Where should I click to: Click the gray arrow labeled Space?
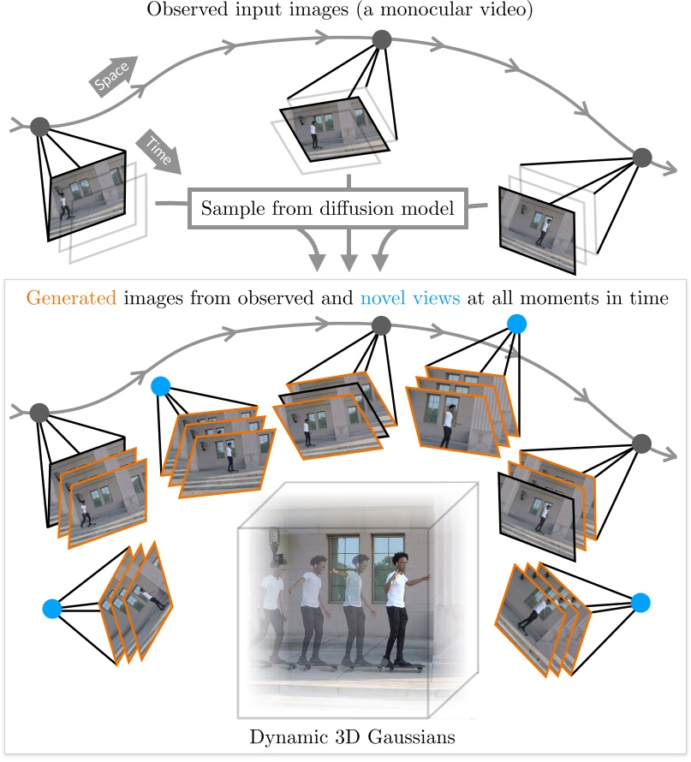(x=113, y=76)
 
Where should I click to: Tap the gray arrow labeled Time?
(x=158, y=152)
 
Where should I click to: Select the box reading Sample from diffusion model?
(x=328, y=209)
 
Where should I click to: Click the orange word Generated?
(x=71, y=298)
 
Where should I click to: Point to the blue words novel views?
(x=409, y=297)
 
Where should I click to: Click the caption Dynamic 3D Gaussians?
(x=352, y=736)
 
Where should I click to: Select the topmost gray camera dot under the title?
(x=381, y=39)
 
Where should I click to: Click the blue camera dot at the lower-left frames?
(x=52, y=609)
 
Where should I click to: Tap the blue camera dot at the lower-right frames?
(x=640, y=603)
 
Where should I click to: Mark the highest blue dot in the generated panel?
(x=516, y=324)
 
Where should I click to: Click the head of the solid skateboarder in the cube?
(x=400, y=562)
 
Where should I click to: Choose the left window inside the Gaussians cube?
(x=344, y=569)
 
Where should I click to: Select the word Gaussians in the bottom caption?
(x=411, y=736)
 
